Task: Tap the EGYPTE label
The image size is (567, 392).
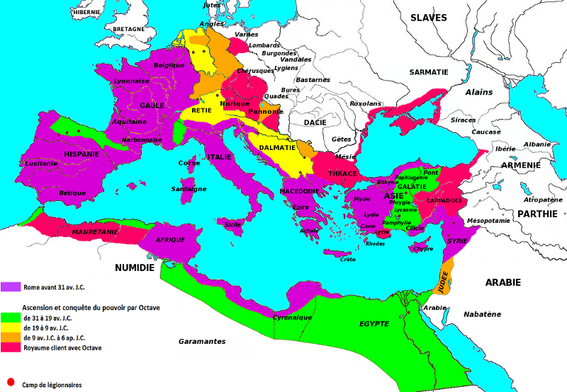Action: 374,323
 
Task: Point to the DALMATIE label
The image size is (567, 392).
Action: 272,148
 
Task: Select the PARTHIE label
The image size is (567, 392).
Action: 539,213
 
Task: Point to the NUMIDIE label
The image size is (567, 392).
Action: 135,268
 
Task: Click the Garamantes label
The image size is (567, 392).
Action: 202,341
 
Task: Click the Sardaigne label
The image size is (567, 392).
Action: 189,189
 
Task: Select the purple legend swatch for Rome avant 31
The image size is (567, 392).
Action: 11,287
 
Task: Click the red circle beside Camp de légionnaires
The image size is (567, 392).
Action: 10,381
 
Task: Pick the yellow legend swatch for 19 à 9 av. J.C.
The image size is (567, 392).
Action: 11,328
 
